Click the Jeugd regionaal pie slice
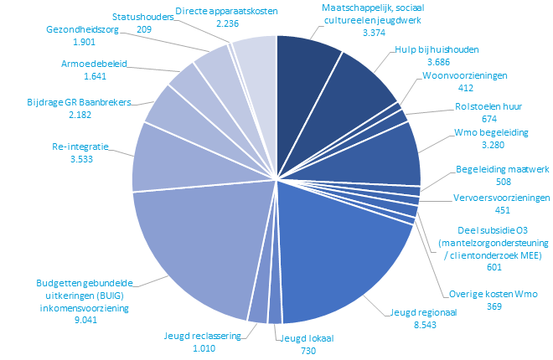click(344, 251)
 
